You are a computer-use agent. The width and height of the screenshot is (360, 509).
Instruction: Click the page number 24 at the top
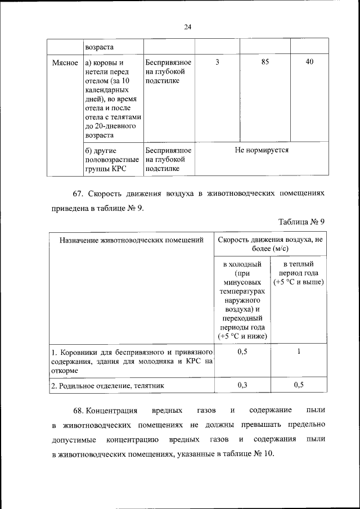coord(188,27)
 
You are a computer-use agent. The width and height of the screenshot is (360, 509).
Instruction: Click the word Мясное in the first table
coord(65,62)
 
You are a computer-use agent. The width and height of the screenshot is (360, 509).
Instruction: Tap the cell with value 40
coord(309,62)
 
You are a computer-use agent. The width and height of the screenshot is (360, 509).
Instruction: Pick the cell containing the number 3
coord(217,62)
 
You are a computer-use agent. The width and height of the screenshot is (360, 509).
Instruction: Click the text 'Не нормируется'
coord(262,151)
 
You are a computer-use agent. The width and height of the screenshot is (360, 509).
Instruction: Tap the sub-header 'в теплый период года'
coord(298,272)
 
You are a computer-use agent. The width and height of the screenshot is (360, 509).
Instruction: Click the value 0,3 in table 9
coord(243,385)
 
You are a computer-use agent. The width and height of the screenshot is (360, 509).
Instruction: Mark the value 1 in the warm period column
coord(299,352)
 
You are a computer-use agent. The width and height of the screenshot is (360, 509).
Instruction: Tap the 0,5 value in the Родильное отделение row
coord(299,385)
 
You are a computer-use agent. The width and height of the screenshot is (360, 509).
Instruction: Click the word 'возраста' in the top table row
coord(98,47)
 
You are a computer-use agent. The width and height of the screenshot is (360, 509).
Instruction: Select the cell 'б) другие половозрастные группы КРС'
coord(111,160)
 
